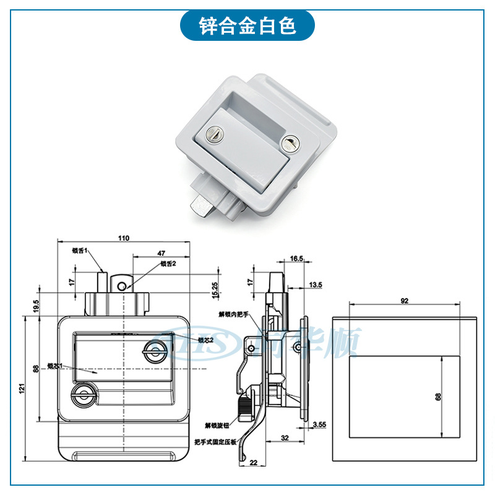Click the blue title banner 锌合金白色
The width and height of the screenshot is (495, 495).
point(247,26)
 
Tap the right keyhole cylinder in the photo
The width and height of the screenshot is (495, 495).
point(289,144)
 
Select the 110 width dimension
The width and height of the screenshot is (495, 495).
point(123,238)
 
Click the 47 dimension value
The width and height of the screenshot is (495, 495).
point(161,253)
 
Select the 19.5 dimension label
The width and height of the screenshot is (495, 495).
point(36,305)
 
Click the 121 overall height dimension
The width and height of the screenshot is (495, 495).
point(21,389)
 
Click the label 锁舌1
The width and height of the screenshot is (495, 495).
point(80,251)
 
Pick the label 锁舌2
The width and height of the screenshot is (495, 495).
point(169,264)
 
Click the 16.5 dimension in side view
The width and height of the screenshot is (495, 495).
point(296,259)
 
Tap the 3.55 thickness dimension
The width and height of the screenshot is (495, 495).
point(319,424)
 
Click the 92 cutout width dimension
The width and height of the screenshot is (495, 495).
point(405,301)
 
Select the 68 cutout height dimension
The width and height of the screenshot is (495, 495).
point(438,397)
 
